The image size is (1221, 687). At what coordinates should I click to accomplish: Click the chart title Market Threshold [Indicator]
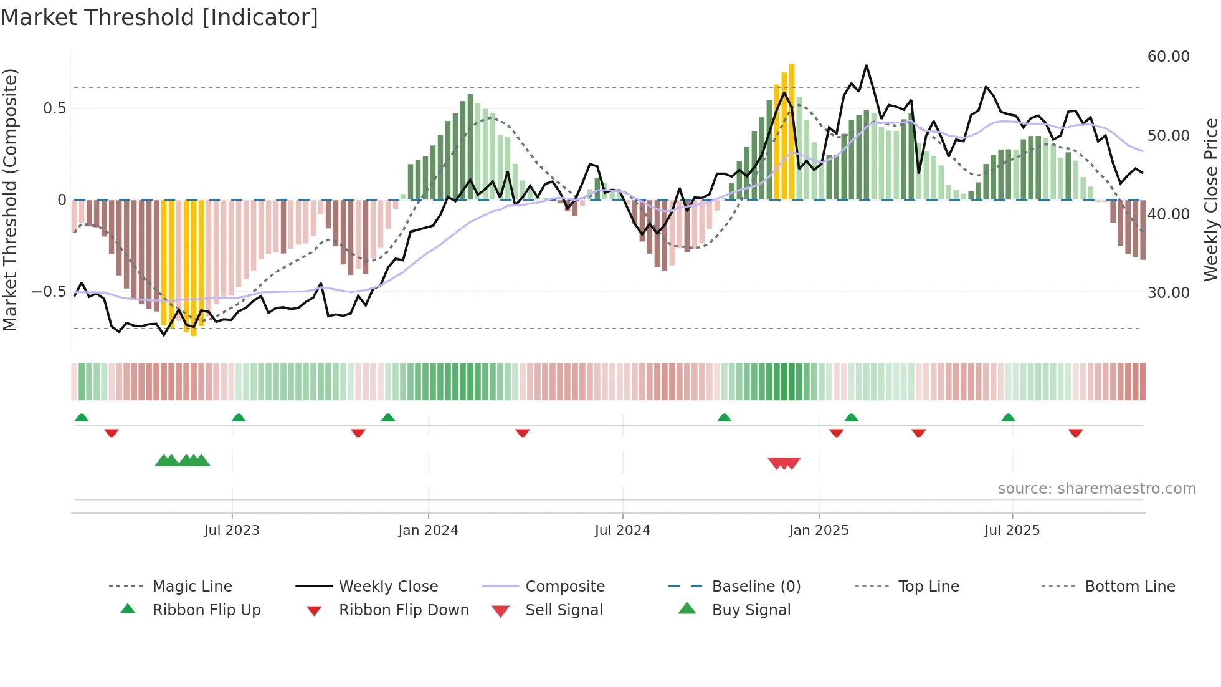click(159, 17)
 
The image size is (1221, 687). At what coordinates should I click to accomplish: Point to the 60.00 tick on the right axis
click(1168, 57)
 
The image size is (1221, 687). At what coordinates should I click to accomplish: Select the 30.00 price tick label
click(1168, 293)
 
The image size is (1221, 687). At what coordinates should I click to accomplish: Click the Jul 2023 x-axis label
click(232, 531)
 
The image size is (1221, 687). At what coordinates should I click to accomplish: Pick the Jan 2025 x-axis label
click(819, 531)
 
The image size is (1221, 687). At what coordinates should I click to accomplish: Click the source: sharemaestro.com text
click(1096, 489)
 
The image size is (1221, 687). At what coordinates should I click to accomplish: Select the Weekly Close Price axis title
click(1210, 199)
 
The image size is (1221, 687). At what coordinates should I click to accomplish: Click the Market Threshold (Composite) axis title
click(10, 199)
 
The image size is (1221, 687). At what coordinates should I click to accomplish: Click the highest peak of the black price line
click(866, 65)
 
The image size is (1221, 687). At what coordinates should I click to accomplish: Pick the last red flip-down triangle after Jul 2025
click(1075, 433)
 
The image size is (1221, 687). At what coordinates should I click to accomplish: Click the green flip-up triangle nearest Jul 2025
click(1008, 418)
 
